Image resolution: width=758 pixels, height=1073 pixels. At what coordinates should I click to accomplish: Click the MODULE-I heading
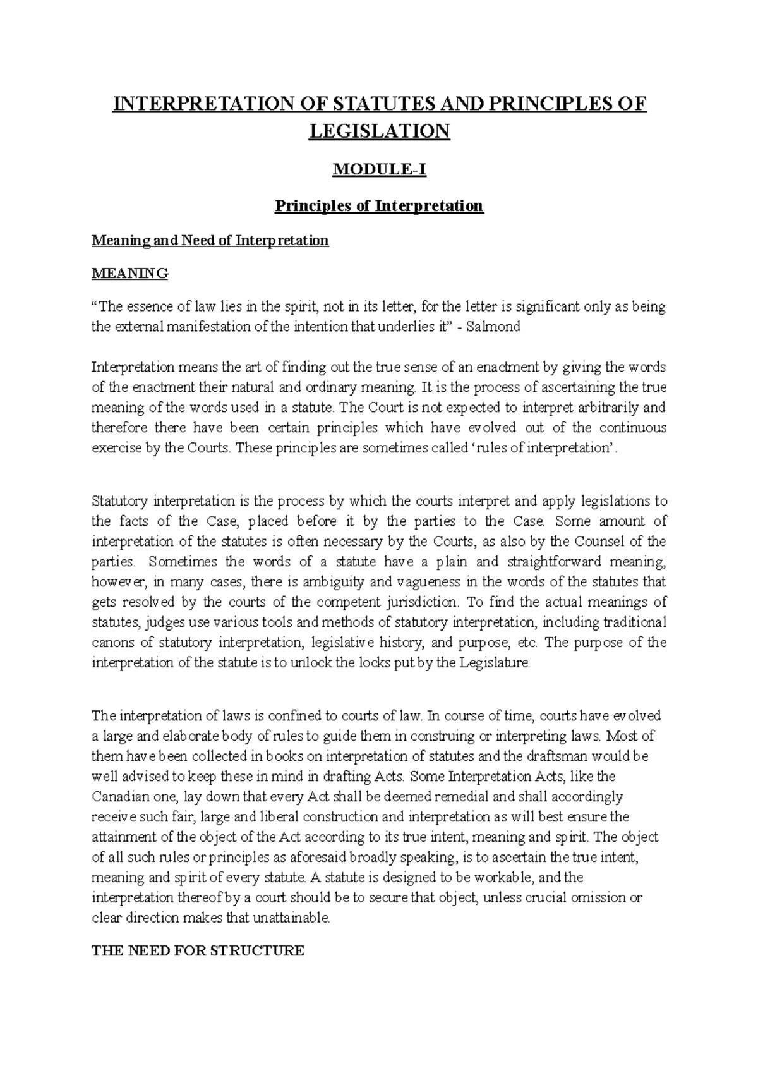(x=379, y=170)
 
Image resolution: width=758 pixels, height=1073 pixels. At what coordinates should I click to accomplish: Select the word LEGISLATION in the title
(x=379, y=131)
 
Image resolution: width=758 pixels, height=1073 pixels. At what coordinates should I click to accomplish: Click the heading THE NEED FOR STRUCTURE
(x=198, y=950)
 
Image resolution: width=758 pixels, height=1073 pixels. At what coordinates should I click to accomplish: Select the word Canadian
(x=120, y=796)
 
